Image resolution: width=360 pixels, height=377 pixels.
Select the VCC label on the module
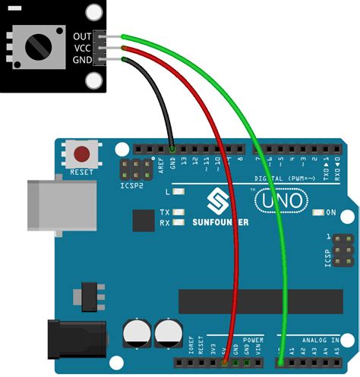[82, 48]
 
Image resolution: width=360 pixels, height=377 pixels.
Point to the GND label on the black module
[82, 59]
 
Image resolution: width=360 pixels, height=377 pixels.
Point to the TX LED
[178, 212]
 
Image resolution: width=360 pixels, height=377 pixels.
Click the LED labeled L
[178, 193]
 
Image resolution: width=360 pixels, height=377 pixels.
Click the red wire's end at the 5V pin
[226, 362]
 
